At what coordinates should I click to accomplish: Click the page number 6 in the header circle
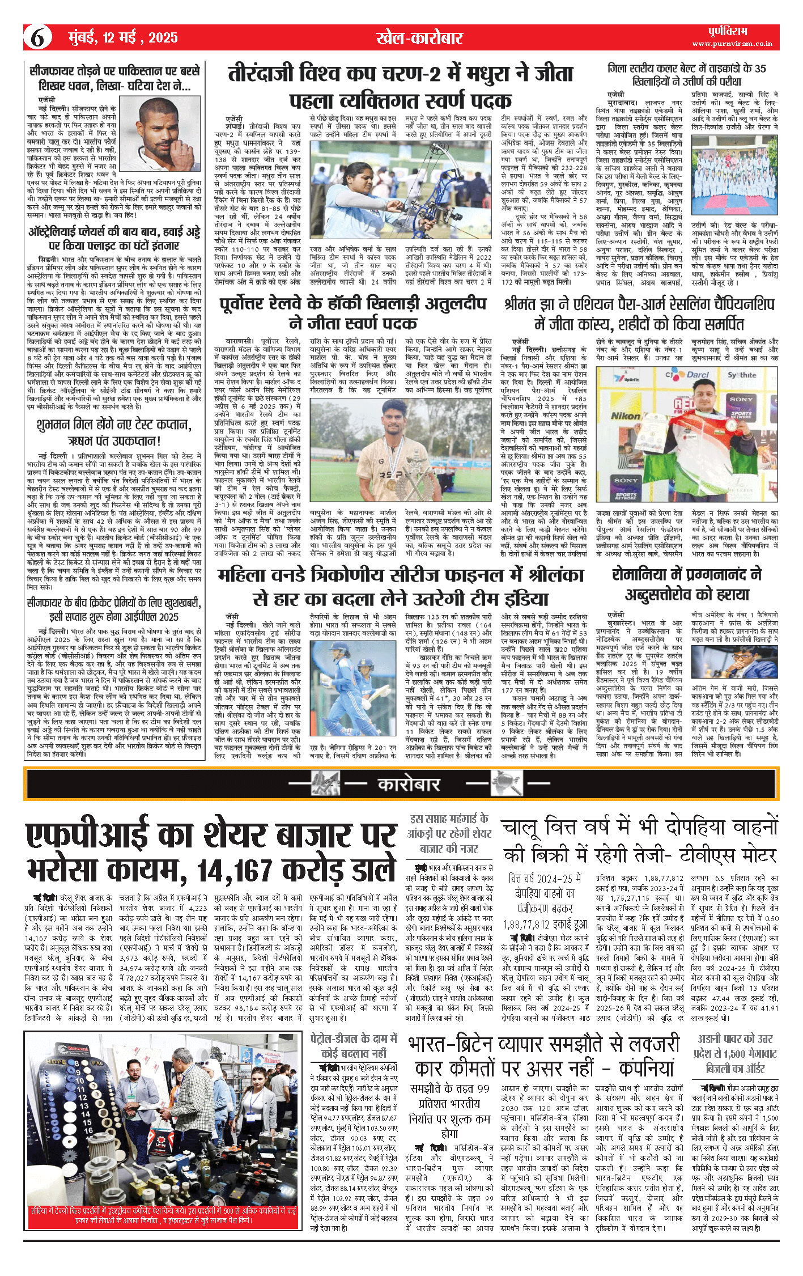(37, 38)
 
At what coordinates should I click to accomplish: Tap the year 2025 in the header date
(163, 38)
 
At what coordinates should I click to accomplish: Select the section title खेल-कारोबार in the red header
(419, 38)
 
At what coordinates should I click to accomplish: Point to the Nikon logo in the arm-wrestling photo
(625, 416)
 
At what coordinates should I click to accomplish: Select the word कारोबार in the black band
(409, 784)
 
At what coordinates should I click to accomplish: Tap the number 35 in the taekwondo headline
(760, 69)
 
